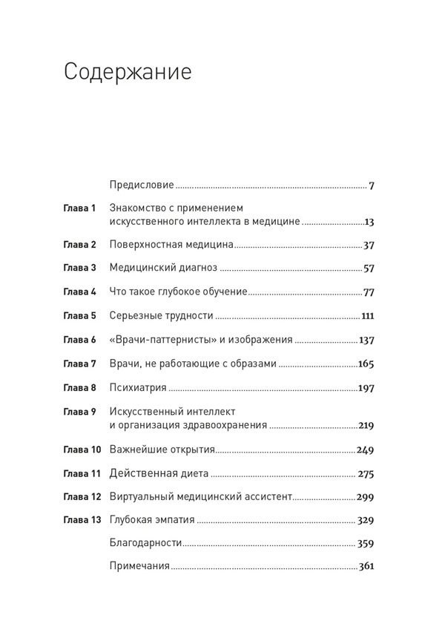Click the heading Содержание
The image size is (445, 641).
click(128, 73)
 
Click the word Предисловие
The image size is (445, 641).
click(141, 185)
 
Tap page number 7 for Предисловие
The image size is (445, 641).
click(371, 185)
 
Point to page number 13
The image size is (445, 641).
click(369, 221)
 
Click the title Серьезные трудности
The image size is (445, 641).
click(161, 315)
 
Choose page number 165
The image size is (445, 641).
click(366, 364)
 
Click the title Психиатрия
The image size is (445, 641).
click(137, 387)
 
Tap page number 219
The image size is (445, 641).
click(366, 425)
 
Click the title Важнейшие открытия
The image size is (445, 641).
click(162, 449)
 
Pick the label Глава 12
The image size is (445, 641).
click(82, 496)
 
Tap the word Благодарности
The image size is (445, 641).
click(145, 543)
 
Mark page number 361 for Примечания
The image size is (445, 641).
click(366, 567)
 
